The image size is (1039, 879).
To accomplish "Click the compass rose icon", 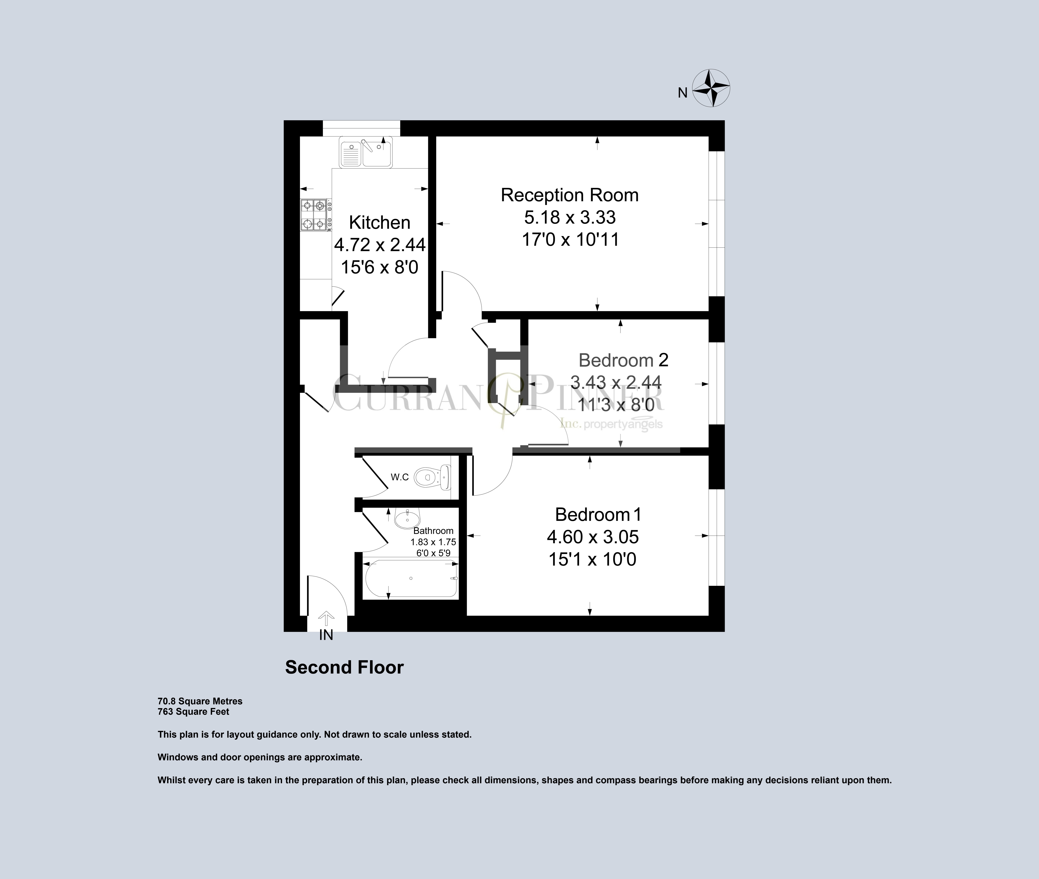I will (712, 88).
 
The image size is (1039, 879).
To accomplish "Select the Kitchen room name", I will (379, 222).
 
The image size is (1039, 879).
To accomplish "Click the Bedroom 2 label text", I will (623, 360).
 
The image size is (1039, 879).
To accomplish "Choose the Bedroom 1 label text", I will (598, 514).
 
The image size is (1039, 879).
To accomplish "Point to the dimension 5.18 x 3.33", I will (569, 217).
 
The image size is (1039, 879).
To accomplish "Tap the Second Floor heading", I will (344, 667).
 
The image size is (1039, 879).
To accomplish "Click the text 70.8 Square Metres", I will (200, 701).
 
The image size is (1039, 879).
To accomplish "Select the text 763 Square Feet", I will (193, 712).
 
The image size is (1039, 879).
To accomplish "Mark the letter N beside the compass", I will (682, 93).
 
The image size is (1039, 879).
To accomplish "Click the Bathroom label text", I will (433, 531).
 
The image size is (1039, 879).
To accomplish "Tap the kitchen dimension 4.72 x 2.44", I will (379, 245).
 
